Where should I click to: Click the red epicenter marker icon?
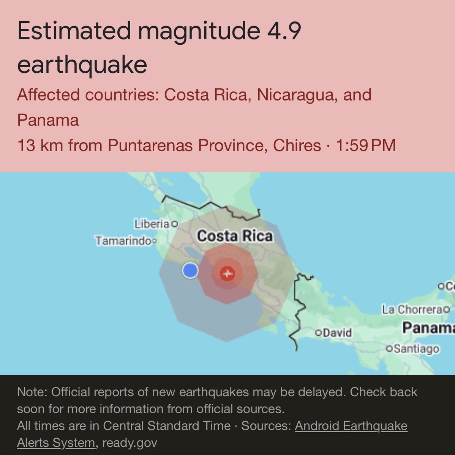coord(227,273)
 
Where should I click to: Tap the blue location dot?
coord(190,271)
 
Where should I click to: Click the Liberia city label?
coord(152,224)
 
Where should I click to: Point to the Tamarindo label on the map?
coord(123,240)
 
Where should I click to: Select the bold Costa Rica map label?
coord(235,236)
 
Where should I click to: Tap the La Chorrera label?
coord(412,310)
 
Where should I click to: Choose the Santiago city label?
coord(416,348)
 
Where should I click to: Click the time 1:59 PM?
coord(366,146)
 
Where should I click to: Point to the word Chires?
coord(297,146)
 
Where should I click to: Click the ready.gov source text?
coord(130,442)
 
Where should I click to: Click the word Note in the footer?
coord(31,392)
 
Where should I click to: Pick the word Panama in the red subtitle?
coord(48,120)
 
